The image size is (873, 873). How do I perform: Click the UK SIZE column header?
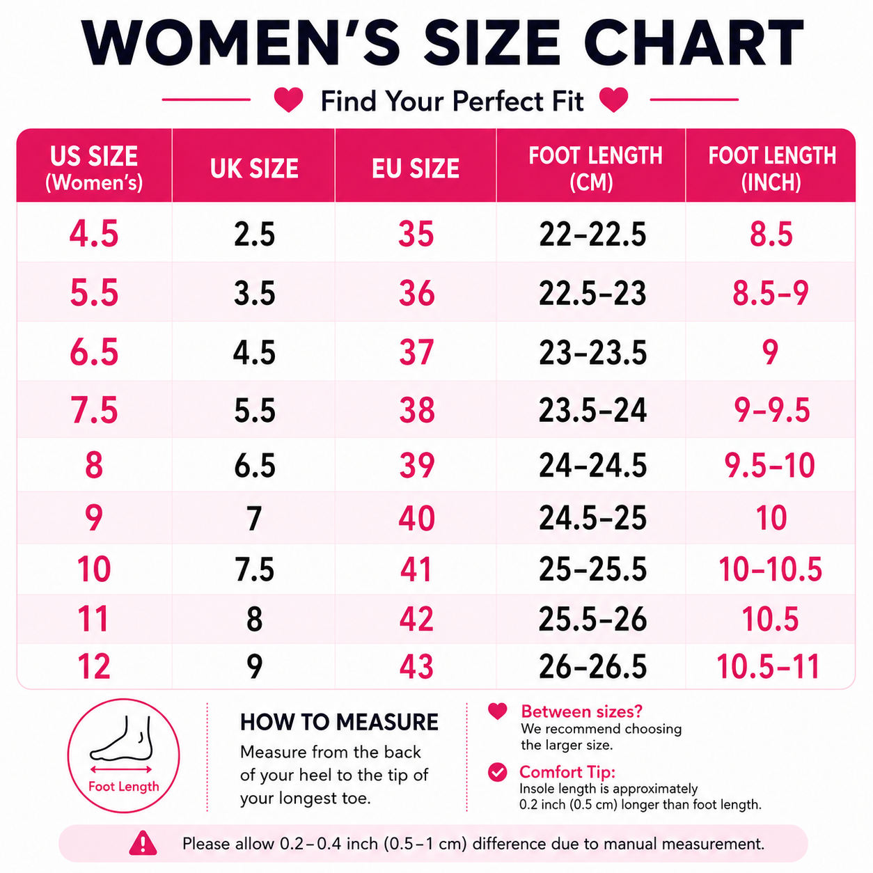(254, 168)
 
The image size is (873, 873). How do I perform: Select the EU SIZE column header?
(416, 168)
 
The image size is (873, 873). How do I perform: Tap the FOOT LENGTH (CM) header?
(595, 168)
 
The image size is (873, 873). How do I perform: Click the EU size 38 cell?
(416, 410)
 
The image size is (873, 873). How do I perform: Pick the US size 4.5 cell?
(94, 234)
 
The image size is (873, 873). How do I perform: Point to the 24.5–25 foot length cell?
(592, 518)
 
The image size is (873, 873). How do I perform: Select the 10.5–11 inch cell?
(769, 666)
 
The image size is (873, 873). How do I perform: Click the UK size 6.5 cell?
(255, 465)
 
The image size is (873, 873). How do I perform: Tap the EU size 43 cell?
(416, 666)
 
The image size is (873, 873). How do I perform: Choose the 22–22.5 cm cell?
(592, 234)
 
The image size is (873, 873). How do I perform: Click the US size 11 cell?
(93, 619)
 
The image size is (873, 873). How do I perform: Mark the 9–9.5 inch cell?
(771, 410)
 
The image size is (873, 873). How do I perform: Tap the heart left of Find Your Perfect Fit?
(289, 100)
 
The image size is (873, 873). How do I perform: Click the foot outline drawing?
(121, 739)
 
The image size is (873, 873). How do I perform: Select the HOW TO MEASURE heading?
(339, 722)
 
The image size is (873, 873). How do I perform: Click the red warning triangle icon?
(143, 843)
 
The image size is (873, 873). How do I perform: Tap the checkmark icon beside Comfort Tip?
(498, 772)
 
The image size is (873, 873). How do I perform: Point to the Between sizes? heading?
(582, 711)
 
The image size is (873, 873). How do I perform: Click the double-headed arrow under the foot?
(121, 769)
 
